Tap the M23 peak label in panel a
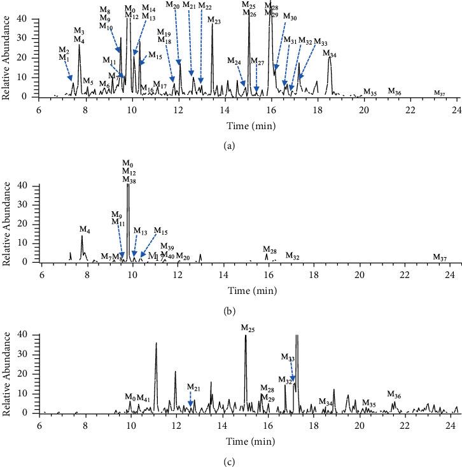pos(214,22)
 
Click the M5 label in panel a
pos(88,82)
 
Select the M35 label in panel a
pos(370,94)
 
